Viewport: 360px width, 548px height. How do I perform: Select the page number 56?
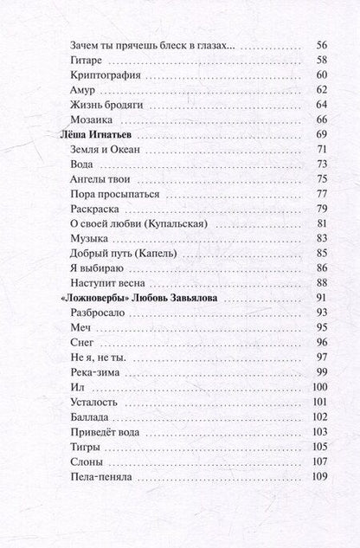pyautogui.click(x=321, y=45)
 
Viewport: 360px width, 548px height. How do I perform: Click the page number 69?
pyautogui.click(x=321, y=134)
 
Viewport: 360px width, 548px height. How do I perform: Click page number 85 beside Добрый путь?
pyautogui.click(x=321, y=253)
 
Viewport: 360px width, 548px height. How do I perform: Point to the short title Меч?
pyautogui.click(x=80, y=327)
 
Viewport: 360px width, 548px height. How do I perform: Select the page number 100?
pyautogui.click(x=319, y=386)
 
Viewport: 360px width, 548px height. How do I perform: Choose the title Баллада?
pyautogui.click(x=91, y=416)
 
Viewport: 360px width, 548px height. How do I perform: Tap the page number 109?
pyautogui.click(x=319, y=475)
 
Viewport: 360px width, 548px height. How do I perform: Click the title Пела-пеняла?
pyautogui.click(x=100, y=475)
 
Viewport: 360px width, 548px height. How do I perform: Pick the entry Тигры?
pyautogui.click(x=85, y=446)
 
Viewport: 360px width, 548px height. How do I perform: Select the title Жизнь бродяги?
pyautogui.click(x=106, y=104)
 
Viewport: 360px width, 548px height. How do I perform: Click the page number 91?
pyautogui.click(x=321, y=298)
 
